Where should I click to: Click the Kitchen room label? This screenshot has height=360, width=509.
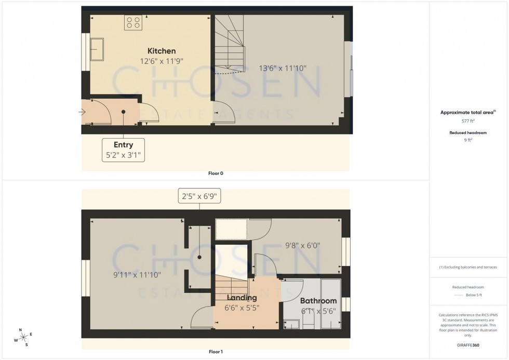[162, 51]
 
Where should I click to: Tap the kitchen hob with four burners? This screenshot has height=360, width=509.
[132, 22]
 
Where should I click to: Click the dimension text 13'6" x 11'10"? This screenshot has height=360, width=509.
[283, 68]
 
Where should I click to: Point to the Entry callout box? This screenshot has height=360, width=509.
[123, 150]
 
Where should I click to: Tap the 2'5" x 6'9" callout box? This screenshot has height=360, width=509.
[199, 196]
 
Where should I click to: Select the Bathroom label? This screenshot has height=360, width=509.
[318, 301]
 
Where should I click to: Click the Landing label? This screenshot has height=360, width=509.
[242, 298]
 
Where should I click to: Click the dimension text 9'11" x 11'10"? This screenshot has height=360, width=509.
[138, 275]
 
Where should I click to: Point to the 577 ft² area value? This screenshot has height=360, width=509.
[468, 121]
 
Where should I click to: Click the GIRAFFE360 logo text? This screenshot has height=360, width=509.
[468, 344]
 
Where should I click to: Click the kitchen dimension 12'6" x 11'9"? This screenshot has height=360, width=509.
[162, 61]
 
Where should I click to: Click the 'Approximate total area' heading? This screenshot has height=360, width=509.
[467, 112]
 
